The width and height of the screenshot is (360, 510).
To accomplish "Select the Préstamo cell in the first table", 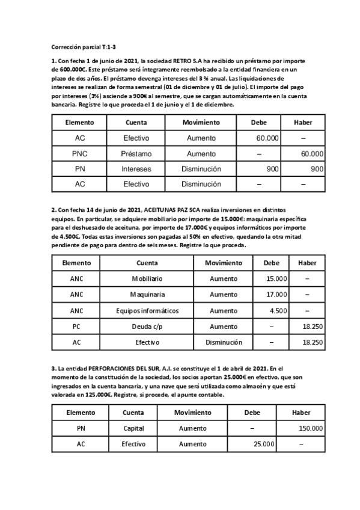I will pos(136,153).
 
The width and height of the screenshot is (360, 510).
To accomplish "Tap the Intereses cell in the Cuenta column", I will pos(136,169).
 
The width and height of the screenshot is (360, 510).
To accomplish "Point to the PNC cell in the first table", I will pos(80,153).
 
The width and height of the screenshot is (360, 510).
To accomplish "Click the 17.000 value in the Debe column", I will pos(276,295).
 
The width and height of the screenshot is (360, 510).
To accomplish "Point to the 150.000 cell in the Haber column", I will pos(310,428).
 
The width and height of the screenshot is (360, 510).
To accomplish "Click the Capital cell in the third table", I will pos(133,428).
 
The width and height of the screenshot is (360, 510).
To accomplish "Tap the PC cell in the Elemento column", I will pos(76,326).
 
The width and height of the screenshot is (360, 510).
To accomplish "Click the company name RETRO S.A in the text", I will pos(190,61).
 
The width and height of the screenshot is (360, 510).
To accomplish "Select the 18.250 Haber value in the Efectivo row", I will pos(312,342).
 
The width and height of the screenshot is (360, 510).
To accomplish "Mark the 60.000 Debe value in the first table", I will pos(267,138).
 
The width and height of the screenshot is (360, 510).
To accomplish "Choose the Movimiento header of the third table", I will pos(192,413).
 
